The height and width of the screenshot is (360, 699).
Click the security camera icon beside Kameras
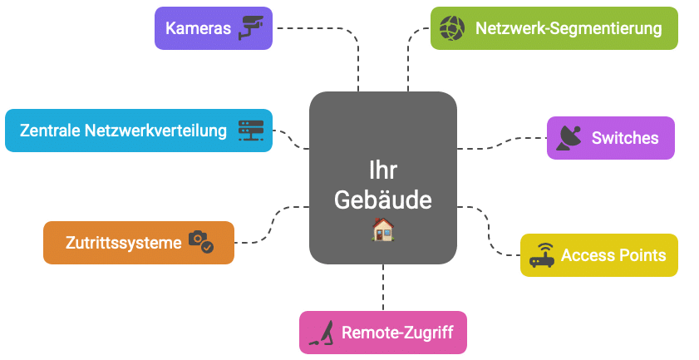pyautogui.click(x=250, y=27)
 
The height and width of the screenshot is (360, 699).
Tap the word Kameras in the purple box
pyautogui.click(x=198, y=28)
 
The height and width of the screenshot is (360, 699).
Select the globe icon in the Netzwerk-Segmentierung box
pyautogui.click(x=451, y=28)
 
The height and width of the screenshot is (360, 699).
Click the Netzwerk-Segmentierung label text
pyautogui.click(x=569, y=28)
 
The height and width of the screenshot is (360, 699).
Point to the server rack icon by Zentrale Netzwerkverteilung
pyautogui.click(x=250, y=131)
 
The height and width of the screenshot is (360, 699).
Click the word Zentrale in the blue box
pyautogui.click(x=49, y=131)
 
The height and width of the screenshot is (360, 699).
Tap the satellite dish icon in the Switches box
pyautogui.click(x=569, y=138)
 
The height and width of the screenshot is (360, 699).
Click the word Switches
pyautogui.click(x=625, y=138)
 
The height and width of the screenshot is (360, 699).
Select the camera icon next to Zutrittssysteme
pyautogui.click(x=200, y=242)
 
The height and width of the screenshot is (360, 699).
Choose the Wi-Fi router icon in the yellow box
pyautogui.click(x=542, y=254)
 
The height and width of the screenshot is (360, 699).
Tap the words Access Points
pyautogui.click(x=613, y=255)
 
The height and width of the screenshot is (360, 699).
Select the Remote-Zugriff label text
pyautogui.click(x=397, y=333)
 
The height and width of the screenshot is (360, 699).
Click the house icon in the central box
pyautogui.click(x=382, y=229)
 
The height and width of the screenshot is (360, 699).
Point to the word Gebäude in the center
pyautogui.click(x=382, y=200)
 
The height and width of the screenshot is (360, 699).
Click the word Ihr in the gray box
pyautogui.click(x=382, y=171)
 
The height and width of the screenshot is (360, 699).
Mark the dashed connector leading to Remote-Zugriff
pyautogui.click(x=383, y=288)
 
